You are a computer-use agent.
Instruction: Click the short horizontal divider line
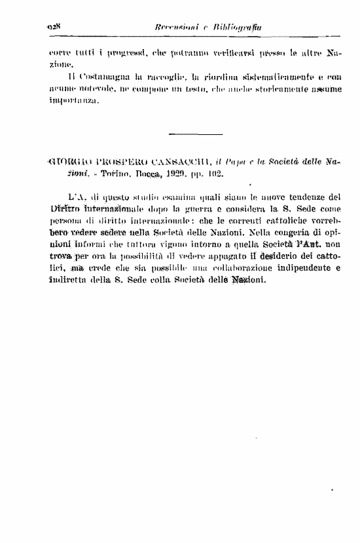click(x=186, y=134)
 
